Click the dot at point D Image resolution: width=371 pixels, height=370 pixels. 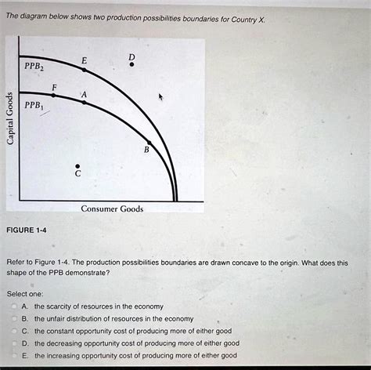pyautogui.click(x=131, y=65)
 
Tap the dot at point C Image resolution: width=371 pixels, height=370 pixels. pyautogui.click(x=77, y=165)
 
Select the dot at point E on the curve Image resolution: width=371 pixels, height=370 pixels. pyautogui.click(x=85, y=71)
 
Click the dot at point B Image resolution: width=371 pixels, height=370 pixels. pyautogui.click(x=149, y=143)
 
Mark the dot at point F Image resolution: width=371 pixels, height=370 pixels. pyautogui.click(x=54, y=95)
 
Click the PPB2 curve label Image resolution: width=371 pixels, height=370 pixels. pyautogui.click(x=34, y=67)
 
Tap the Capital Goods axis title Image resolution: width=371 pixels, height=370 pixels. pyautogui.click(x=10, y=118)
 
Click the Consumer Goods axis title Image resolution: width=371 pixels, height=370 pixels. pyautogui.click(x=112, y=209)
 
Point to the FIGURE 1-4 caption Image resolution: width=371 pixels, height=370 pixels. pyautogui.click(x=27, y=230)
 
